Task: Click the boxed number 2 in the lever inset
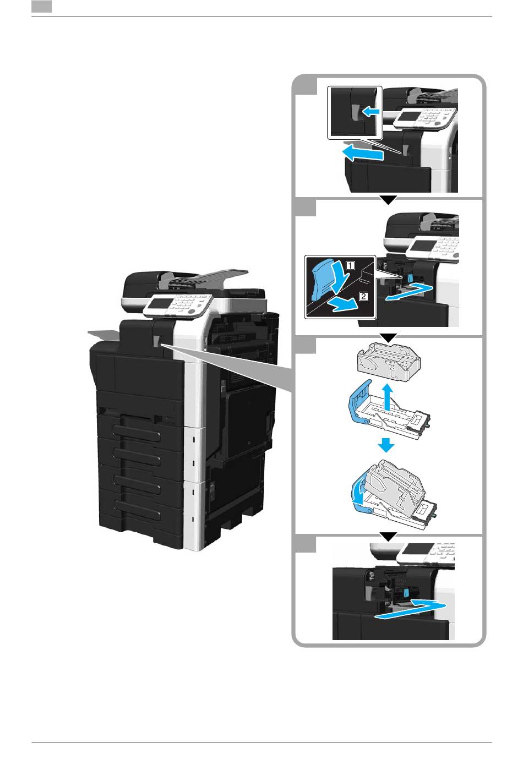[x=363, y=296]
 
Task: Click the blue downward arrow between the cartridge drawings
[x=386, y=445]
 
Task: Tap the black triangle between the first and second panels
[x=389, y=200]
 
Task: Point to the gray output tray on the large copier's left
[x=104, y=335]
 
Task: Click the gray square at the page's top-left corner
[x=41, y=7]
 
